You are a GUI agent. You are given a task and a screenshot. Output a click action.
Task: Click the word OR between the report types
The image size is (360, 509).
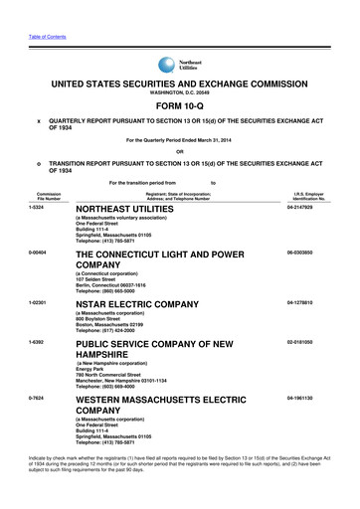[180, 152]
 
